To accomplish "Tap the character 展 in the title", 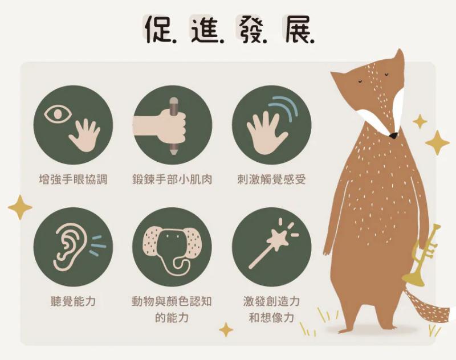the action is pyautogui.click(x=296, y=29).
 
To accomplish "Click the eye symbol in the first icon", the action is pyautogui.click(x=58, y=113).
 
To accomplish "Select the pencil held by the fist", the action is pyautogui.click(x=174, y=125).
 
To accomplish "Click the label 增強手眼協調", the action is pyautogui.click(x=73, y=179).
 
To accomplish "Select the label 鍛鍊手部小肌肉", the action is pyautogui.click(x=172, y=179).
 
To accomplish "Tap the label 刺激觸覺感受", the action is pyautogui.click(x=272, y=179).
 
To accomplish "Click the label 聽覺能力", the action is pyautogui.click(x=73, y=301).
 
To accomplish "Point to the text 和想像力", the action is pyautogui.click(x=272, y=318).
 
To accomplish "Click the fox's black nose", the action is pyautogui.click(x=393, y=136).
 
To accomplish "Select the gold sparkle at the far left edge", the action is pyautogui.click(x=20, y=207).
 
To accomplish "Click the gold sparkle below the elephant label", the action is pyautogui.click(x=226, y=330).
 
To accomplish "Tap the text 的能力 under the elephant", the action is pyautogui.click(x=172, y=318).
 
